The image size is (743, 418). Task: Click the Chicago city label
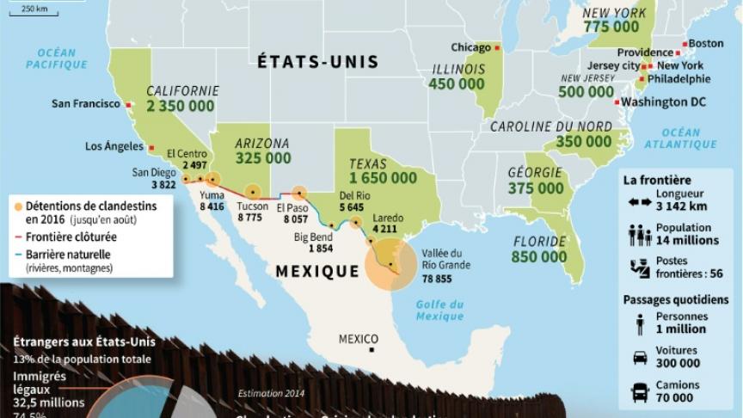tap(470, 47)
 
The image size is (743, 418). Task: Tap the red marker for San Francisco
tap(129, 104)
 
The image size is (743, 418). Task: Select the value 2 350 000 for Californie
tap(182, 108)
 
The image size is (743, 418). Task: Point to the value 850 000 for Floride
tap(540, 256)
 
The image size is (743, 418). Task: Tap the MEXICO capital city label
tap(358, 338)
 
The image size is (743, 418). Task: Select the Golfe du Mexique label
tap(439, 310)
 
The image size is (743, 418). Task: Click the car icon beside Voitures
tap(640, 357)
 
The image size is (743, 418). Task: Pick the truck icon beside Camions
tap(640, 392)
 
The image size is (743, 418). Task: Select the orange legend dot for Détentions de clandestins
tap(19, 206)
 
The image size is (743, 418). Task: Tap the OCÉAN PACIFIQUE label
tap(57, 58)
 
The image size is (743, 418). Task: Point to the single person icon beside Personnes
tap(640, 323)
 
